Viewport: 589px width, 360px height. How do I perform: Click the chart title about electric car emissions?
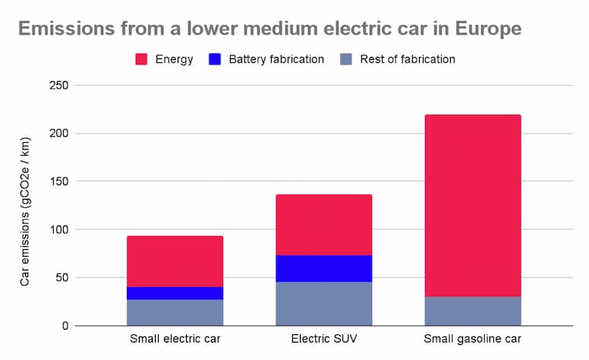269,29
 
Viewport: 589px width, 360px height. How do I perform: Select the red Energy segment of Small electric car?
175,261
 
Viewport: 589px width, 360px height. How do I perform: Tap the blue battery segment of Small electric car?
175,293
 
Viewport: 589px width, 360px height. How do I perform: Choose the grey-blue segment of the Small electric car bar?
175,312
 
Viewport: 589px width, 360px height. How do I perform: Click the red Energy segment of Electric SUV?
323,225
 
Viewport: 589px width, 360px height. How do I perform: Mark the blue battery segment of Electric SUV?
323,268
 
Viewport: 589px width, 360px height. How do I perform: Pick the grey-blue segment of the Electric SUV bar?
323,304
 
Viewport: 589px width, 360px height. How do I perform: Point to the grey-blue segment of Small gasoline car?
472,311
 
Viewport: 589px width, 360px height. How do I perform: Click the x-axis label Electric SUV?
323,339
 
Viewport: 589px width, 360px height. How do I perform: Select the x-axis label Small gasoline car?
472,339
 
